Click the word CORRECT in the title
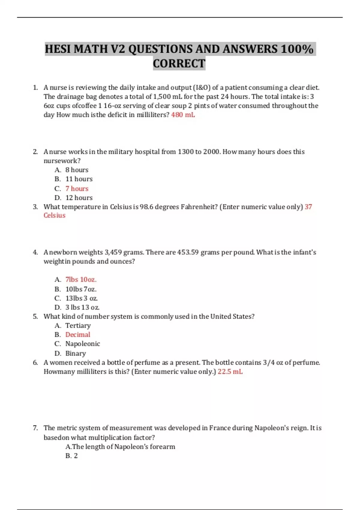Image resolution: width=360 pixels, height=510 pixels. pos(179,64)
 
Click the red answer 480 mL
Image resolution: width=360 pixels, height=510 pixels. pos(183,115)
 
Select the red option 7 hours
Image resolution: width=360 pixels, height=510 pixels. pos(77,188)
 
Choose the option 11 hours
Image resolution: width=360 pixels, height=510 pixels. pos(79,179)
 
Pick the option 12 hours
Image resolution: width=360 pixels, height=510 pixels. pos(79,198)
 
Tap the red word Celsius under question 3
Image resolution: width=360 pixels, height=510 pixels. pos(54,215)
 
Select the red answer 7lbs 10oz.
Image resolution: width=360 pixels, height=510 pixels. pos(81,280)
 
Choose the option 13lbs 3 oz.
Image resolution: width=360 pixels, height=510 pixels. pos(81,298)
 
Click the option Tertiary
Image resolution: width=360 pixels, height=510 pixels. pos(78,325)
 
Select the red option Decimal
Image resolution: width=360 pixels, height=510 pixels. pos(78,335)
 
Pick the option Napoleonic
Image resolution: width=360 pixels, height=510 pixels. pos(82,344)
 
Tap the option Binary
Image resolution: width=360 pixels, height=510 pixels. pos(76,353)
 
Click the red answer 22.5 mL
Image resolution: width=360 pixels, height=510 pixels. pos(230,372)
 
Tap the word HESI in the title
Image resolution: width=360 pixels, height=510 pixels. pos(58,49)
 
